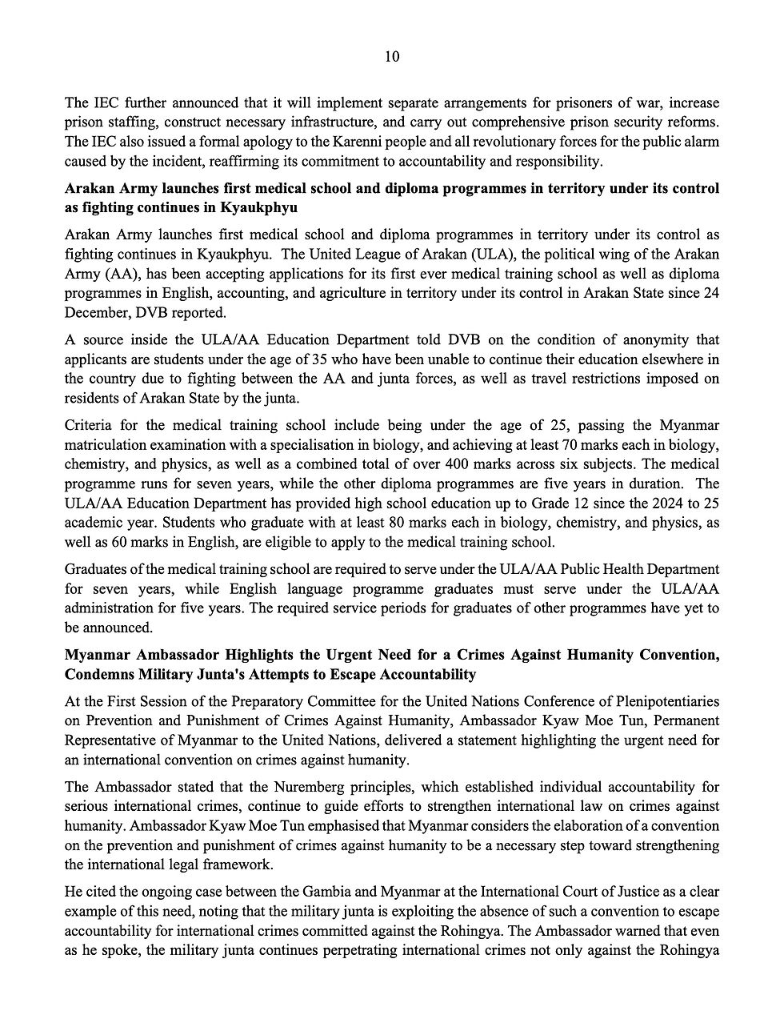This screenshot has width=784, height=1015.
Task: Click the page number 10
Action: [392, 56]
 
